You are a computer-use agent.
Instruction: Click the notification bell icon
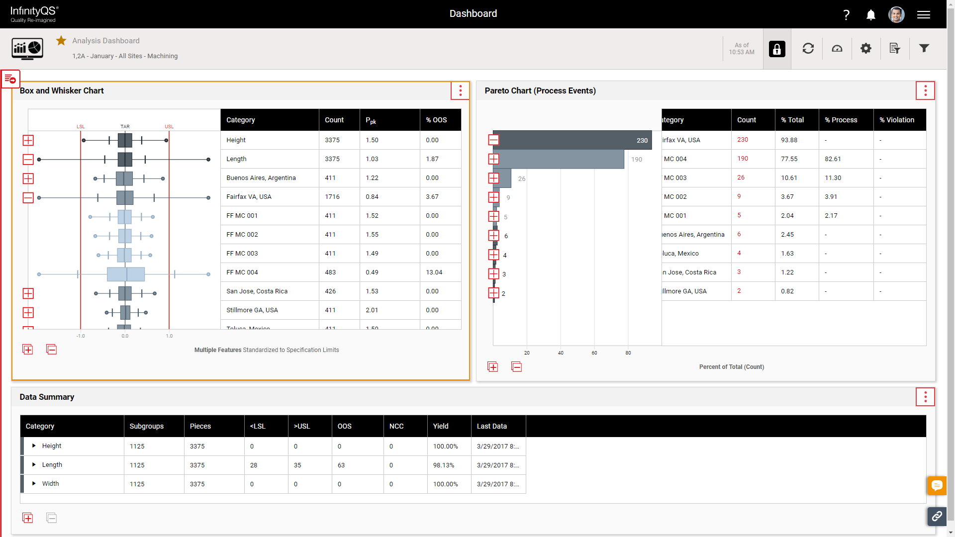(x=870, y=15)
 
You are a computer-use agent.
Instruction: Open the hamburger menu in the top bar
(x=924, y=15)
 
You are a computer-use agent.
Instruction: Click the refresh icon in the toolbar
(x=808, y=48)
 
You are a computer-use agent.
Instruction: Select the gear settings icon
(x=866, y=48)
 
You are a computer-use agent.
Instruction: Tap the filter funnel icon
(x=924, y=48)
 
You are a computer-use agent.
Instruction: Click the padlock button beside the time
(x=777, y=49)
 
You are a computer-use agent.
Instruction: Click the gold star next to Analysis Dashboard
(x=61, y=41)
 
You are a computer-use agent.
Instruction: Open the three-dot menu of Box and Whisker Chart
(x=460, y=90)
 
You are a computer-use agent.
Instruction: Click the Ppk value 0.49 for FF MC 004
(x=372, y=272)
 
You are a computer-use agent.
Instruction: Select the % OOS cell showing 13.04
(x=434, y=272)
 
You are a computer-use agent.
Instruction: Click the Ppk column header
(x=371, y=120)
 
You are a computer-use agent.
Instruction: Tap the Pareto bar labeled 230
(x=572, y=140)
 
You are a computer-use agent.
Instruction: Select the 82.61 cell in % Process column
(x=833, y=159)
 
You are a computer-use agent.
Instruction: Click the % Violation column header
(x=896, y=120)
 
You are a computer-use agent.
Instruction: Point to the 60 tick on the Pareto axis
(x=594, y=353)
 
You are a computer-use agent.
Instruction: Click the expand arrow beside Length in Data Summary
(x=34, y=464)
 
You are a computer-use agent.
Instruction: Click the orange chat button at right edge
(x=937, y=485)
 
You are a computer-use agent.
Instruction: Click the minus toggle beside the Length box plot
(x=28, y=159)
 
